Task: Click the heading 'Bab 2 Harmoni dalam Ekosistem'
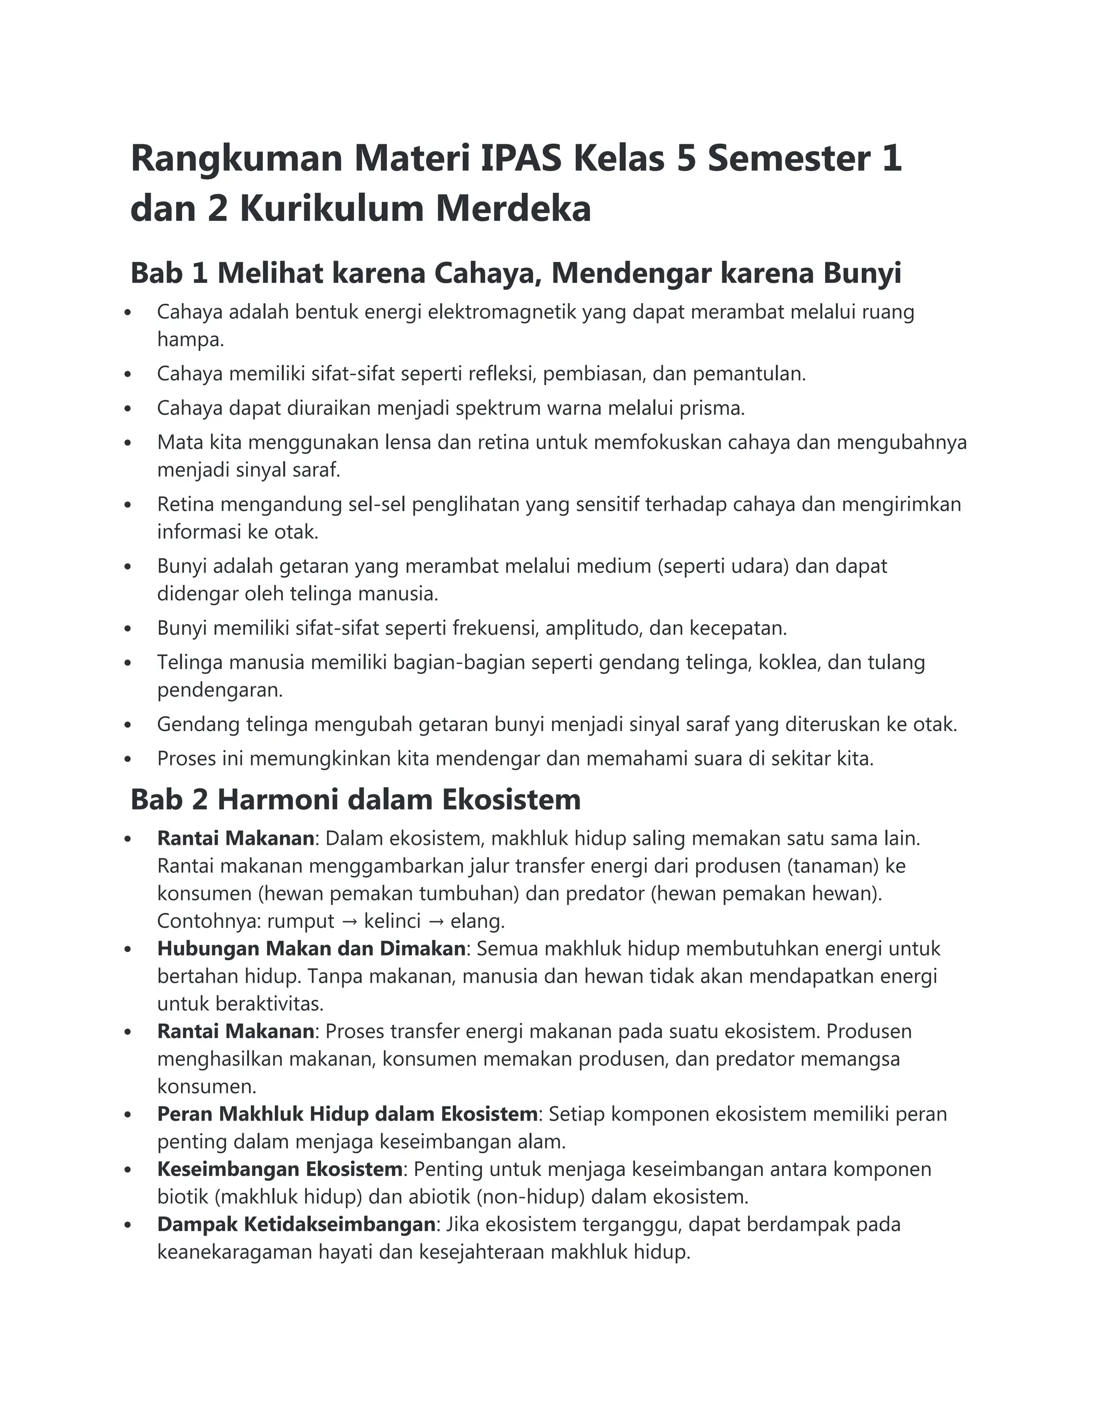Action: tap(355, 799)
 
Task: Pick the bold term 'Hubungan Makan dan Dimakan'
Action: tap(311, 949)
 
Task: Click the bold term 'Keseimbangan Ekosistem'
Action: tap(280, 1169)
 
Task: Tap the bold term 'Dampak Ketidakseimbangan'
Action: tap(296, 1225)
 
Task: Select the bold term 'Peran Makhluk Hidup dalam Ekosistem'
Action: tap(347, 1114)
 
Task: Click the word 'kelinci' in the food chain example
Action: tap(392, 921)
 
